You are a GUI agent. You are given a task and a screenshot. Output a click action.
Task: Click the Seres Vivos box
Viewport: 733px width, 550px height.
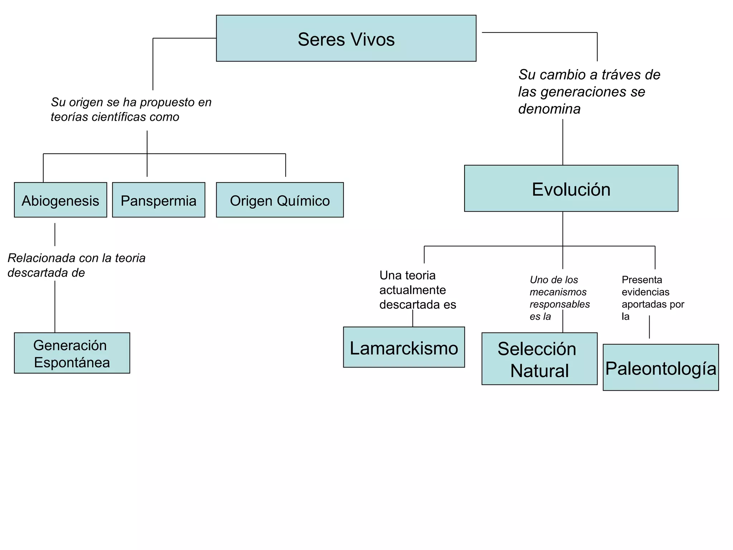[346, 38]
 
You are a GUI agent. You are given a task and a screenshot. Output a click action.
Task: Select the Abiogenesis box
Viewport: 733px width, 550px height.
[60, 200]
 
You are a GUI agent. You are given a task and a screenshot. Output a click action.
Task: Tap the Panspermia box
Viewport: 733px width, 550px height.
[159, 200]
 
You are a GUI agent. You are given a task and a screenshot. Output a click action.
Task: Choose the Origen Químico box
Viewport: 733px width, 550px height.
[280, 200]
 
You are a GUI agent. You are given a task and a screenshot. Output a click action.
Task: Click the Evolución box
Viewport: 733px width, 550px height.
[571, 188]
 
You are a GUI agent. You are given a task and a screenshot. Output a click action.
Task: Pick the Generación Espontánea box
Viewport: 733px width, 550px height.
[72, 353]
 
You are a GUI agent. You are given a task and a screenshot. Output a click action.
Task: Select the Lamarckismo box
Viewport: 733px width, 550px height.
[404, 347]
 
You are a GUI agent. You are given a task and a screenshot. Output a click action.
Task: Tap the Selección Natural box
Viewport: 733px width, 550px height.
[539, 359]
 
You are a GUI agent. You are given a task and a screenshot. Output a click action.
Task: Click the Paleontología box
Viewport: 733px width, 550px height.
[661, 367]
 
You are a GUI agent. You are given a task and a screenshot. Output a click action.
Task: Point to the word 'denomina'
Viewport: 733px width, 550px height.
[549, 109]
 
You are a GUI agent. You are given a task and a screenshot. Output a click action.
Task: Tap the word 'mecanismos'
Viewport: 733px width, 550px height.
[558, 292]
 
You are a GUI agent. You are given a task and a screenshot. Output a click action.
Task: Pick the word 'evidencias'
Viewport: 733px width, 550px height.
[645, 292]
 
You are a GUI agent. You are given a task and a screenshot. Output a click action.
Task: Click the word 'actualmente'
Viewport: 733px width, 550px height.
[412, 290]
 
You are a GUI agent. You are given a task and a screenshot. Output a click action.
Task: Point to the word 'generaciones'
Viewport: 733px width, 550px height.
[587, 92]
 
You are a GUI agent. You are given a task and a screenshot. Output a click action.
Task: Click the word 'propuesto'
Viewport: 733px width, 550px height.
[168, 102]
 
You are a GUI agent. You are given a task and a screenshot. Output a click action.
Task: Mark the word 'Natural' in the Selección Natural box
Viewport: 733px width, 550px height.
[539, 371]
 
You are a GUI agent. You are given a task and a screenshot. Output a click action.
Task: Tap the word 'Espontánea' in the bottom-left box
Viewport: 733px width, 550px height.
[72, 363]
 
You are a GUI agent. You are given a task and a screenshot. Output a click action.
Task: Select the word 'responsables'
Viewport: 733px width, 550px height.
[560, 304]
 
